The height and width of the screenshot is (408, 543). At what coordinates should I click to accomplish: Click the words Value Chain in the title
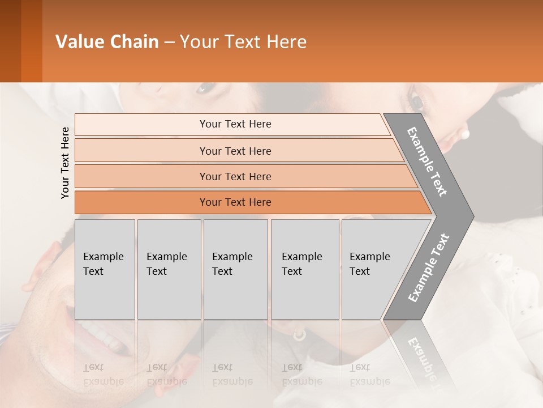(107, 42)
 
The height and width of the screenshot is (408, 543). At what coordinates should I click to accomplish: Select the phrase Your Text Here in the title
(243, 42)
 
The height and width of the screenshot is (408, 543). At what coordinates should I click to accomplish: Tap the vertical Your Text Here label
(65, 163)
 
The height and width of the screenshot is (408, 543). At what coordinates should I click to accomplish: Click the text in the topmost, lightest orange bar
(235, 124)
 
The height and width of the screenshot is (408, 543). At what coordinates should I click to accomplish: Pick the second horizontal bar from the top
(235, 151)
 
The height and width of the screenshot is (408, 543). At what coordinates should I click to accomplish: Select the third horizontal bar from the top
(235, 176)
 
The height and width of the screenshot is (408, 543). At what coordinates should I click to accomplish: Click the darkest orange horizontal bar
(235, 202)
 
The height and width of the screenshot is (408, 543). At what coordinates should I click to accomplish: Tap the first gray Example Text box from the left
(105, 269)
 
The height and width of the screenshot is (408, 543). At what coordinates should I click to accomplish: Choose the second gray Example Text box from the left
(169, 269)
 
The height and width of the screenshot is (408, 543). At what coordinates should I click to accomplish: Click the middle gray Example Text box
(235, 269)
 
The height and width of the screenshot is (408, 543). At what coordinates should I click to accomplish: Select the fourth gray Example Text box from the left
(304, 269)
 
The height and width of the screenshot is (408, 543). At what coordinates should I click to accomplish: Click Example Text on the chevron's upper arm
(427, 161)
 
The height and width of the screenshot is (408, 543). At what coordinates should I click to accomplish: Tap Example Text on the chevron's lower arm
(429, 268)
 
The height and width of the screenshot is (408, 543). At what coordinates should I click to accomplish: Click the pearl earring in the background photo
(465, 134)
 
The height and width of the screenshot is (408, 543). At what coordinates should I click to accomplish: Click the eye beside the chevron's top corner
(417, 103)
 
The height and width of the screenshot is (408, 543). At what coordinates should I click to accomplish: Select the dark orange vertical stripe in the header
(32, 41)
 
